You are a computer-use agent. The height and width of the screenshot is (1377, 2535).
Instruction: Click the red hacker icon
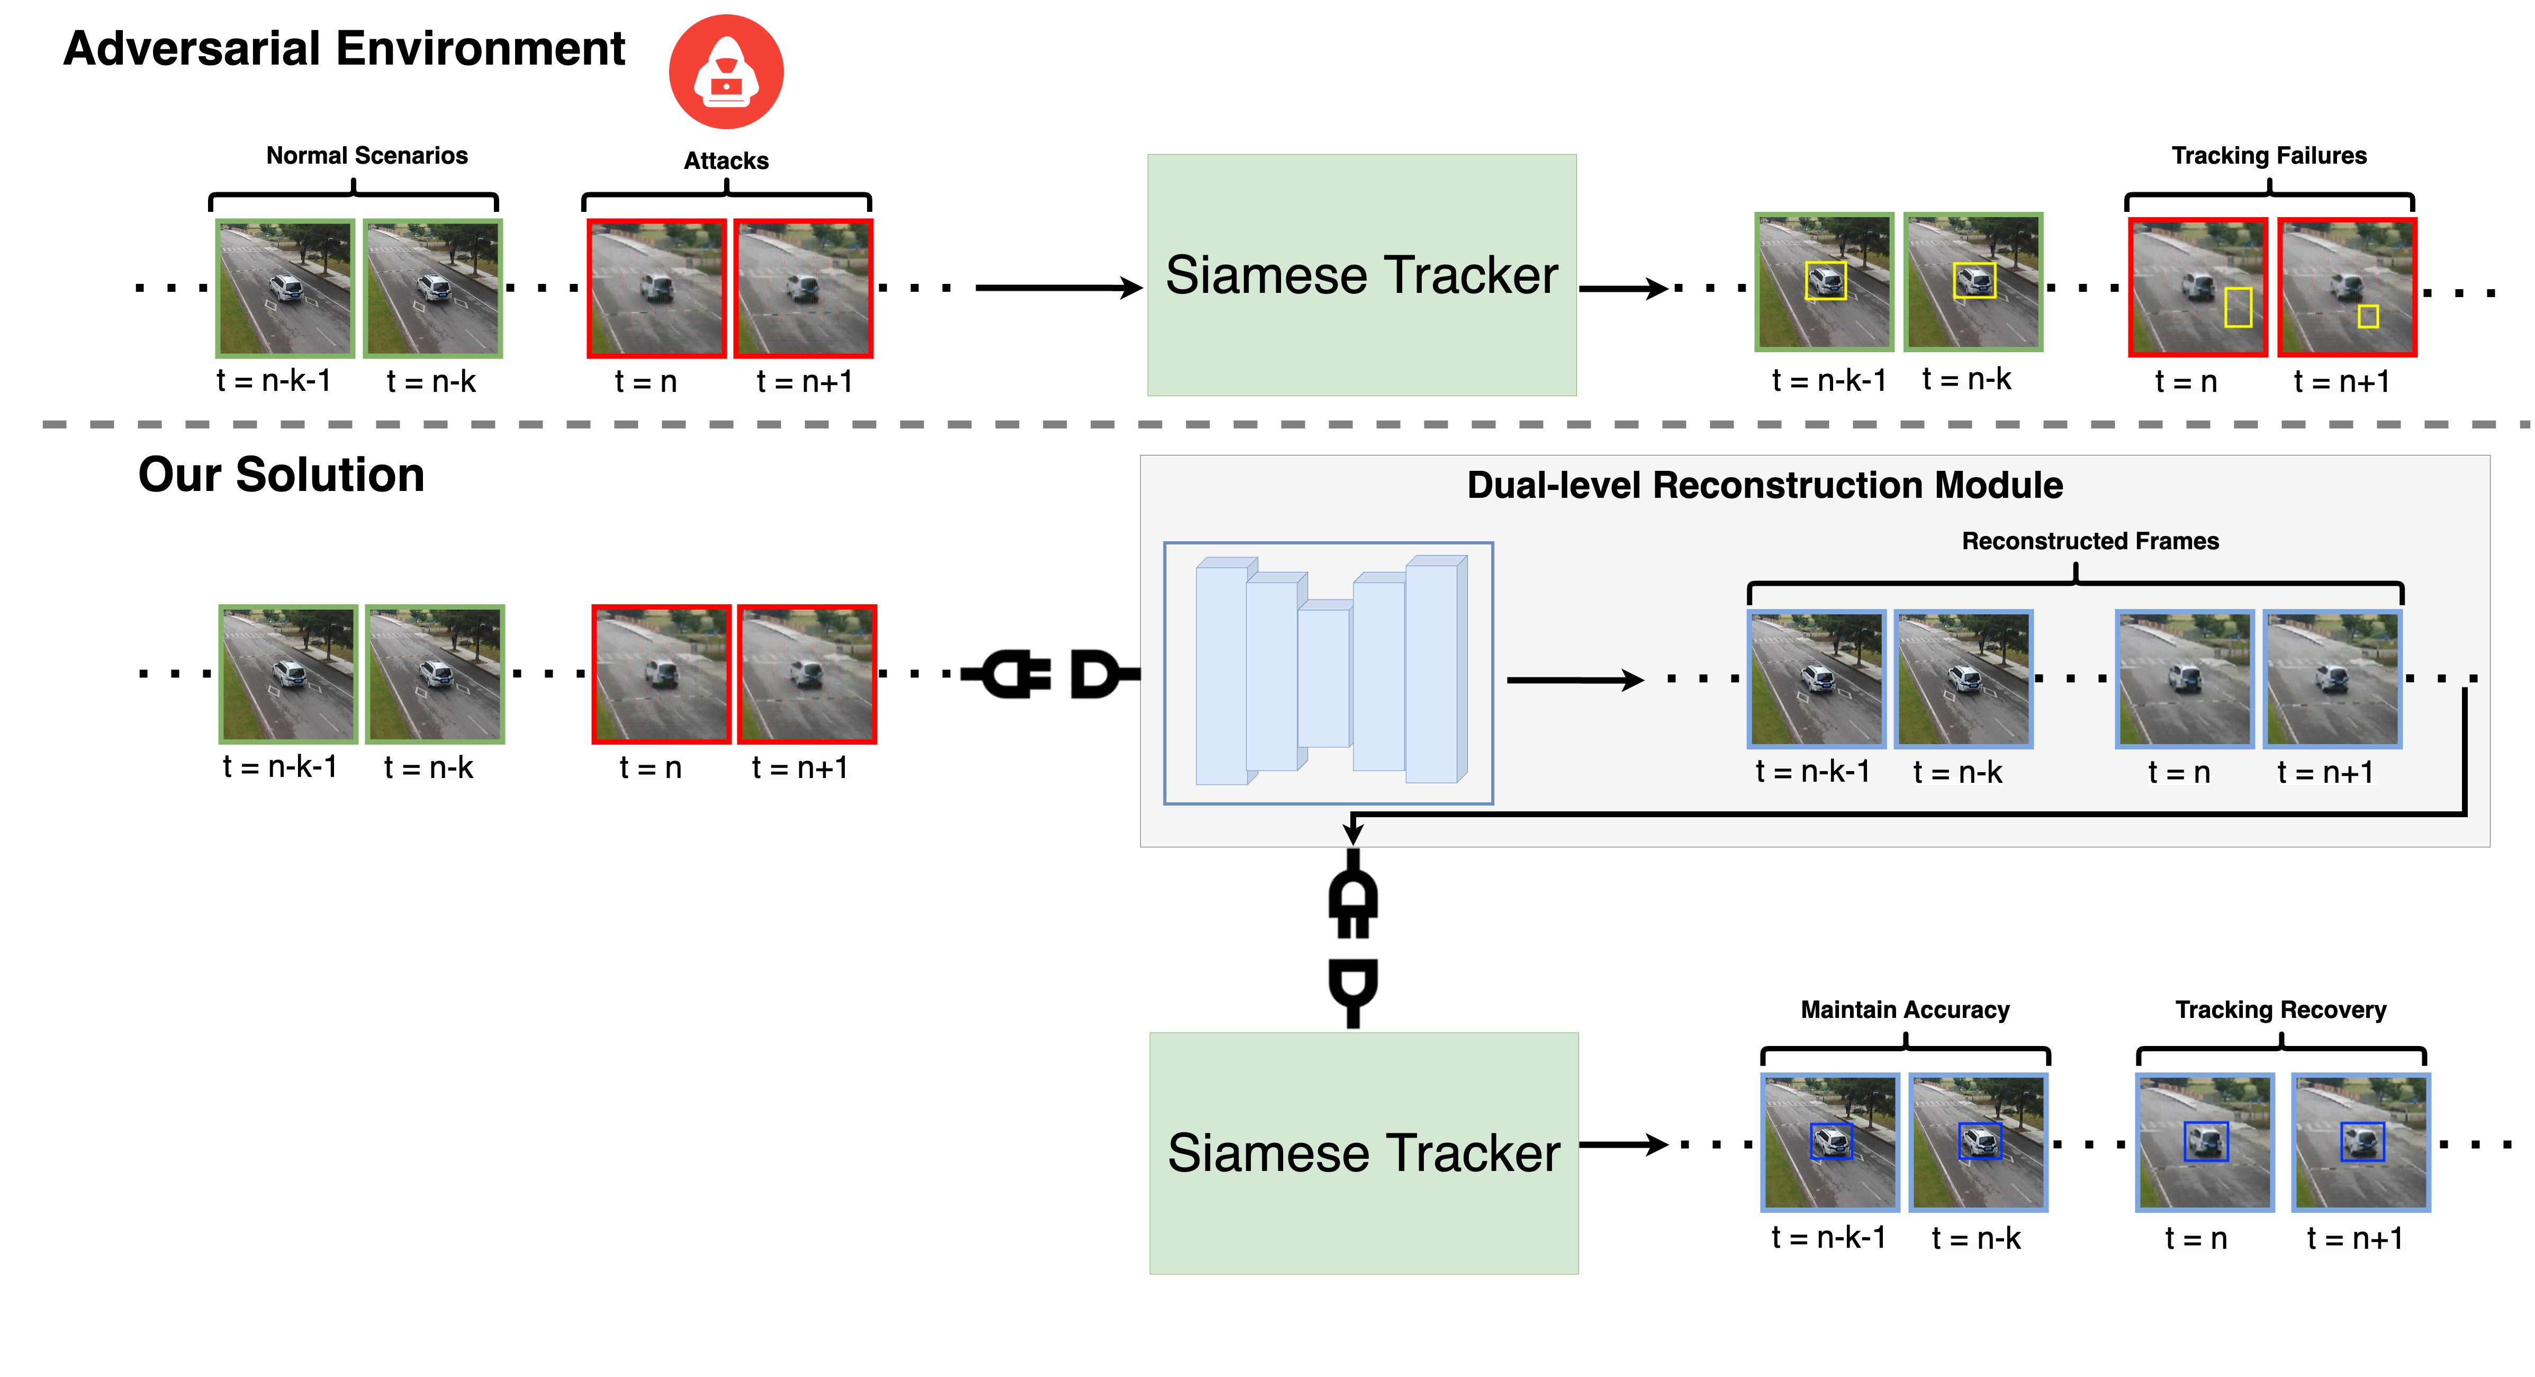[x=726, y=72]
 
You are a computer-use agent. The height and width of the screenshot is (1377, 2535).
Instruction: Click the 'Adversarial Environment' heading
[x=344, y=49]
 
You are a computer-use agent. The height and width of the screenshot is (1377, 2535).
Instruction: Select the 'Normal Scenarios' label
[x=367, y=156]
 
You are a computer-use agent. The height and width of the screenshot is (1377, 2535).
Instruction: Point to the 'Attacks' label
[x=726, y=160]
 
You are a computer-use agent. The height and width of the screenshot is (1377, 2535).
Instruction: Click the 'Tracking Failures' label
[x=2268, y=156]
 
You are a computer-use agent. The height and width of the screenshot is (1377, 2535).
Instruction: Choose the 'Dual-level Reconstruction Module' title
[x=1764, y=485]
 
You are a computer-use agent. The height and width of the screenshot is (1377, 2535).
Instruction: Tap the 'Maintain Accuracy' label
[x=1904, y=1010]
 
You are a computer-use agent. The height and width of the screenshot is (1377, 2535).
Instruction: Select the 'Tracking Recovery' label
[x=2280, y=1010]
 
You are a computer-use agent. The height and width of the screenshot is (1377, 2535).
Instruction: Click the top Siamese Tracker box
[x=1361, y=275]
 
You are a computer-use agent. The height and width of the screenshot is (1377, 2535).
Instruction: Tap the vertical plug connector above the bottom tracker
[x=1353, y=940]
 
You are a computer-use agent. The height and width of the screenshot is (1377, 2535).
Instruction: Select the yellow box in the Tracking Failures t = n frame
[x=2238, y=307]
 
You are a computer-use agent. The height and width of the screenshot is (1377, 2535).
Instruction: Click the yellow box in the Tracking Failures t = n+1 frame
[x=2368, y=316]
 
